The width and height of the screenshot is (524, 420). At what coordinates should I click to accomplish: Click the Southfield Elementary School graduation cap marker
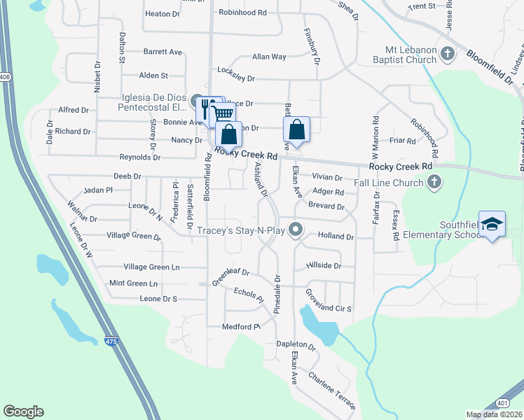[492, 223]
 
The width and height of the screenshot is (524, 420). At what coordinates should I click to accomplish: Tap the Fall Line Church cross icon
[434, 183]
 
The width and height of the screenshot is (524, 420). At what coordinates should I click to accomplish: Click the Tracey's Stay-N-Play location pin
[296, 230]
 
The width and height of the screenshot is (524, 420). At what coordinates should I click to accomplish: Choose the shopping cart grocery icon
[222, 114]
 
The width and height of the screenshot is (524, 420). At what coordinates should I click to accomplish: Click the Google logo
[23, 412]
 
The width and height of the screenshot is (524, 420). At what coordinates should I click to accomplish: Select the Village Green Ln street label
[151, 267]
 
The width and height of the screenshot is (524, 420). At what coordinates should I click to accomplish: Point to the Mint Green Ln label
[134, 283]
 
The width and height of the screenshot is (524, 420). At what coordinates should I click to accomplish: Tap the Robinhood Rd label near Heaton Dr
[243, 13]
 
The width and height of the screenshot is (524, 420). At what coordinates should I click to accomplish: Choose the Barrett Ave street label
[163, 52]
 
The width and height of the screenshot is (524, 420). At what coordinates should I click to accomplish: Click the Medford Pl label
[241, 326]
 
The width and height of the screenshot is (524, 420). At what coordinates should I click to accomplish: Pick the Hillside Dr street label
[324, 266]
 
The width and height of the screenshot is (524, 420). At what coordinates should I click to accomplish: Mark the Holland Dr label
[336, 237]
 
